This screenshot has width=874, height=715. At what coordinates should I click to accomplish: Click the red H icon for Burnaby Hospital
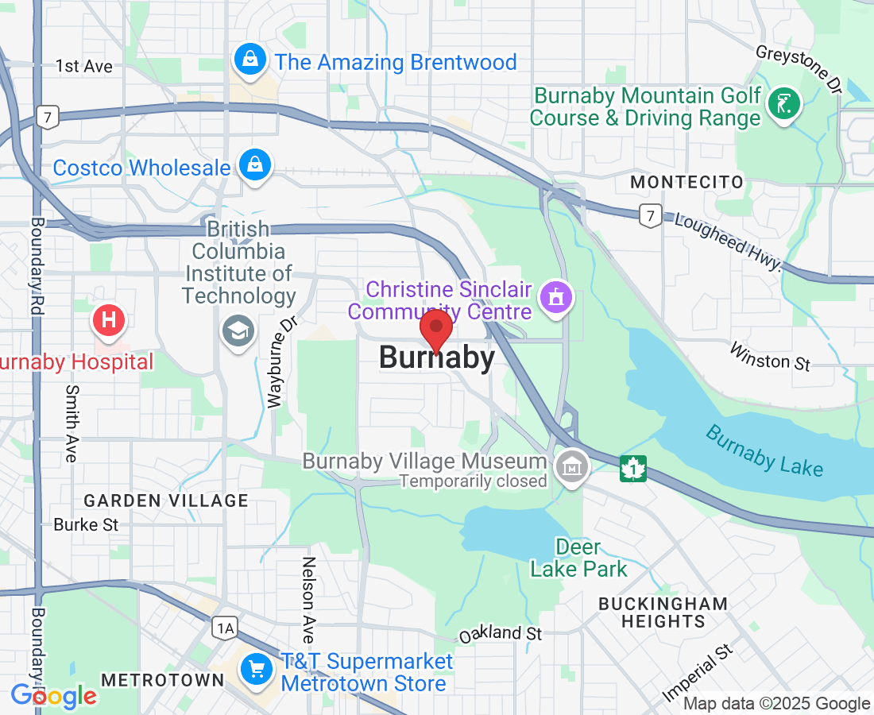[x=110, y=321]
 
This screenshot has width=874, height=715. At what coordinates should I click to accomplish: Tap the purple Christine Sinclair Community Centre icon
[x=555, y=298]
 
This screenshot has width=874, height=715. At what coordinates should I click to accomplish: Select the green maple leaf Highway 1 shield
[x=633, y=469]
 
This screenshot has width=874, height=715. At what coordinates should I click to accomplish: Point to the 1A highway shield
[x=225, y=628]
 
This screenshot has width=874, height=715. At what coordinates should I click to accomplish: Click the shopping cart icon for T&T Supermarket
[x=257, y=669]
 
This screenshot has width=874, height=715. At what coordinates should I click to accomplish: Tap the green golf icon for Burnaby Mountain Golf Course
[x=785, y=104]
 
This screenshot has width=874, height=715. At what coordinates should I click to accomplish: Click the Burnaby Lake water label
[x=764, y=451]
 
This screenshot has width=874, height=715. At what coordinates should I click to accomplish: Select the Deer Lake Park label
[x=578, y=558]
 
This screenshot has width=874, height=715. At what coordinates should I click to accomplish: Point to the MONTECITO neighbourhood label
[x=686, y=183]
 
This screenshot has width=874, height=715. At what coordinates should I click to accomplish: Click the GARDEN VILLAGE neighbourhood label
[x=166, y=500]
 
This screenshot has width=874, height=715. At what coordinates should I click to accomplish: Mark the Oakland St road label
[x=501, y=634]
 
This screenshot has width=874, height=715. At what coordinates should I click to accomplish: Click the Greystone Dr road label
[x=799, y=68]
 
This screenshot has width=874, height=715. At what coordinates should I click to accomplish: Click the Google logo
[x=53, y=696]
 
